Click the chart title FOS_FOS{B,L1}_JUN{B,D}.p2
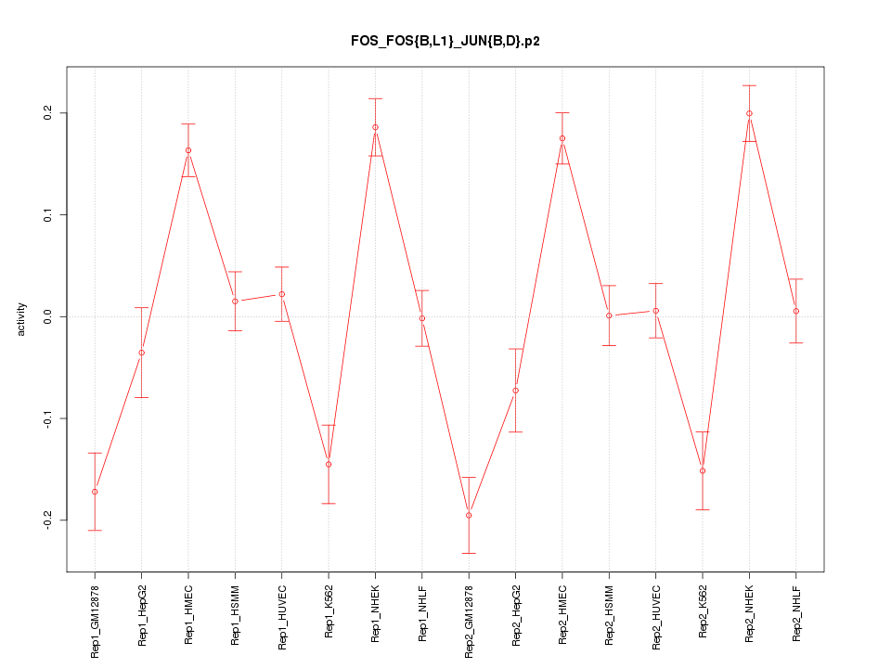pos(445,41)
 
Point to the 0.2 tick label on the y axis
pos(48,113)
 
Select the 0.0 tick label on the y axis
pos(48,316)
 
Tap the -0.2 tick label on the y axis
pos(48,520)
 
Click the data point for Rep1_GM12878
pos(95,492)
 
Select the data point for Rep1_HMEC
pos(188,150)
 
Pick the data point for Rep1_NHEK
pos(375,127)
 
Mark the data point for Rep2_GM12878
pos(469,515)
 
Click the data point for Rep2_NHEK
pos(749,113)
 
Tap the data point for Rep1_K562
pos(329,464)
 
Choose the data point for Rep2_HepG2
pos(515,391)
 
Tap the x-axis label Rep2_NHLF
pos(796,613)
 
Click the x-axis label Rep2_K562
pos(703,612)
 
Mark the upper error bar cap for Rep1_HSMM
pos(235,272)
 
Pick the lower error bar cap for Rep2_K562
pos(703,509)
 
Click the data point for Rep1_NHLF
pos(422,318)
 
